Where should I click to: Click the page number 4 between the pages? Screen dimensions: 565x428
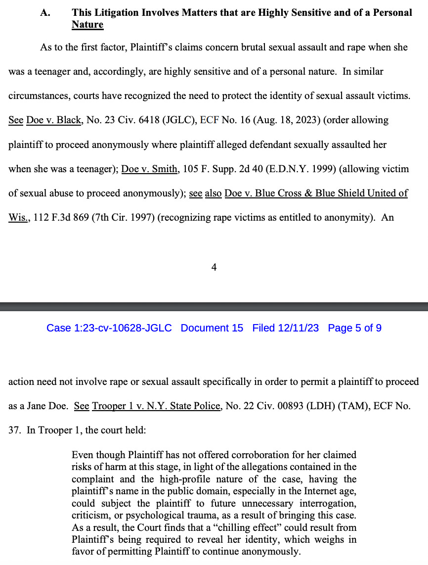(214, 267)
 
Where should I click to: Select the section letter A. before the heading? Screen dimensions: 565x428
(45, 13)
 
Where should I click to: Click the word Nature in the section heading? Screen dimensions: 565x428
(87, 25)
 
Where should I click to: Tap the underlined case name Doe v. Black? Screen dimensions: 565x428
(54, 120)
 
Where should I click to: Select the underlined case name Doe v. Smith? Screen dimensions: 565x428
(150, 169)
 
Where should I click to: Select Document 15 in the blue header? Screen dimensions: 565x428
(212, 328)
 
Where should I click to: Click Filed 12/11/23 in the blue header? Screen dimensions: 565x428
(286, 328)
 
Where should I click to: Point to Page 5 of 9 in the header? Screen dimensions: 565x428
(354, 328)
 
